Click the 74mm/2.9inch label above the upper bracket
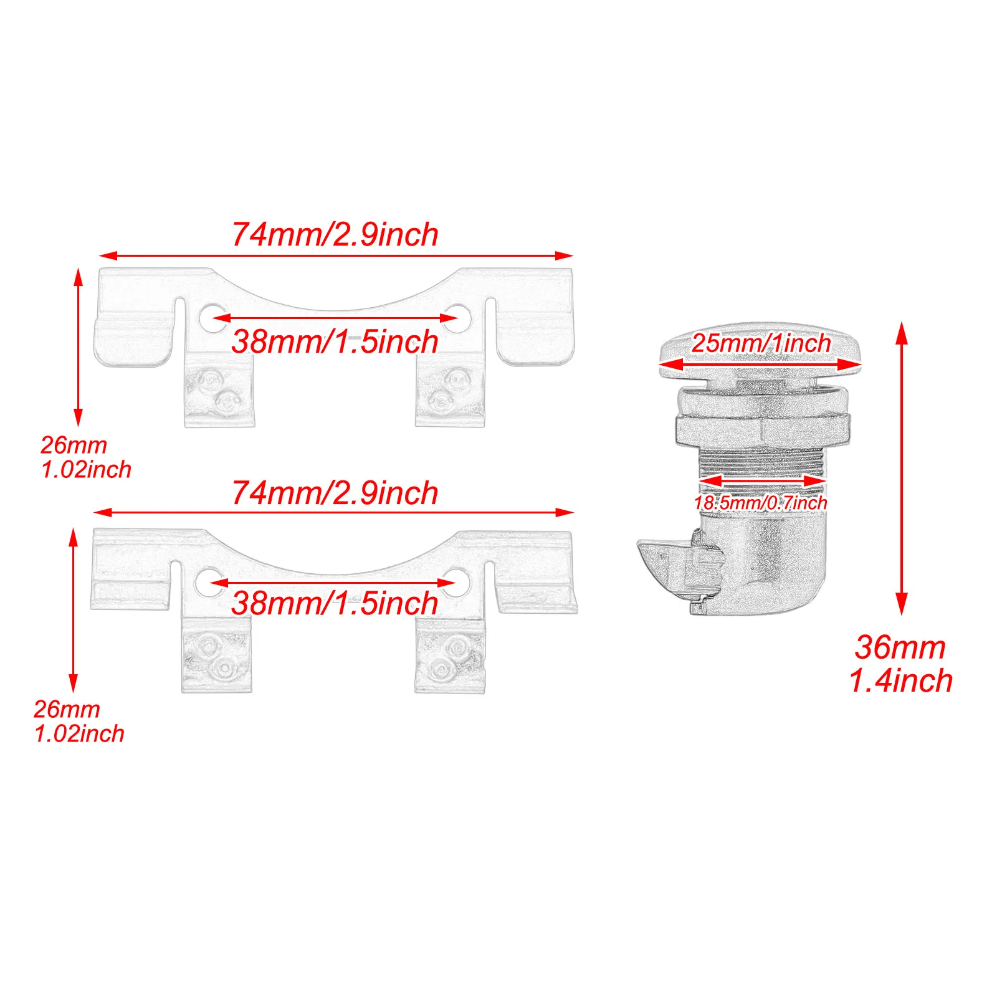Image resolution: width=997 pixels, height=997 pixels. pos(335,235)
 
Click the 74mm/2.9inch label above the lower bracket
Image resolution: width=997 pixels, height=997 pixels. pos(335,494)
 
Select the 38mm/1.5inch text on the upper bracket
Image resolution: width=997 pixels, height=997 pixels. pos(335,342)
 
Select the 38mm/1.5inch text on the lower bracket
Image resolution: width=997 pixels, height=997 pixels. pos(335,603)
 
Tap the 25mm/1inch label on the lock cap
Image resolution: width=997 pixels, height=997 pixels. pos(761,343)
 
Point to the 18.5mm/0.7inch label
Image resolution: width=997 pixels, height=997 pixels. pos(761,503)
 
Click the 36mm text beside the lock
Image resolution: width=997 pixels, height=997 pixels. pos(900,647)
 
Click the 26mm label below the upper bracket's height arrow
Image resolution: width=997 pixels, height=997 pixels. pos(74,446)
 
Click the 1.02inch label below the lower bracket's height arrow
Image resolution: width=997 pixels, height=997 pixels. pos(79,734)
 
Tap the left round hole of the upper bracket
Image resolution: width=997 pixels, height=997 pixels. pos(211,317)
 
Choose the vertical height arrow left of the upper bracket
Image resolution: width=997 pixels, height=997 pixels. pos(78,347)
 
